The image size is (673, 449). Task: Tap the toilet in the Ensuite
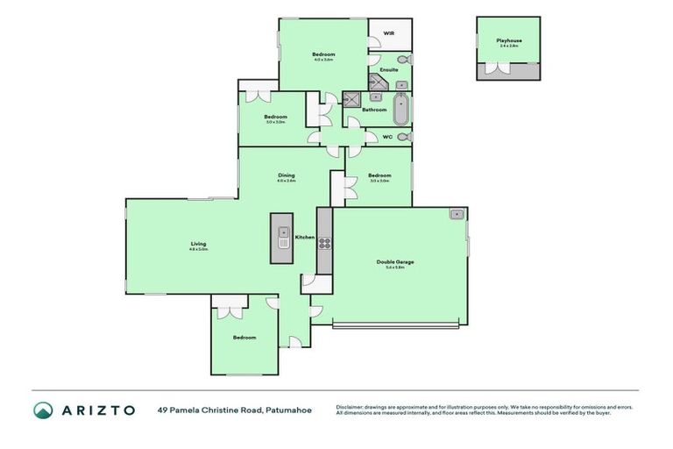point(401,60)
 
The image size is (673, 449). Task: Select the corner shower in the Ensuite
point(383,84)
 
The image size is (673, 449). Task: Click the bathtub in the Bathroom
point(401,110)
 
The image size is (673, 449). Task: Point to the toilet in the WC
point(401,138)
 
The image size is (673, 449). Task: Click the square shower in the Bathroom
point(352,99)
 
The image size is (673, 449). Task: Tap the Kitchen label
point(304,238)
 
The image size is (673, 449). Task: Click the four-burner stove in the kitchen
point(323,243)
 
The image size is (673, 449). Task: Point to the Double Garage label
point(395,262)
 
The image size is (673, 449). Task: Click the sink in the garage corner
point(457,214)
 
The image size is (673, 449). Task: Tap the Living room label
point(199,244)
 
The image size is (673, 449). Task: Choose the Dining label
point(286,175)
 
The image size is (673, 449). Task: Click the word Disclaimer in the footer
point(352,407)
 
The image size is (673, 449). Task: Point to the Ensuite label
point(389,69)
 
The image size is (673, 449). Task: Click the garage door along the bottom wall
point(395,327)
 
